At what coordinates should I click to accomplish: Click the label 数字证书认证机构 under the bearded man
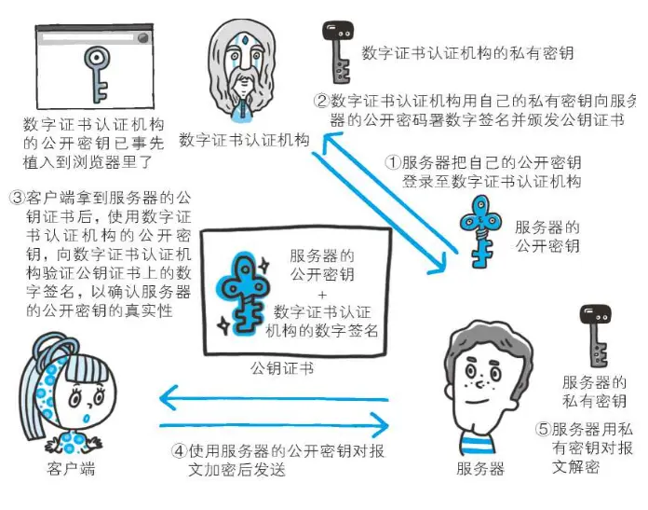click(x=244, y=140)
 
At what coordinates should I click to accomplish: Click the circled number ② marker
click(x=322, y=101)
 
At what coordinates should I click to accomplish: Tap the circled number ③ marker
click(x=17, y=199)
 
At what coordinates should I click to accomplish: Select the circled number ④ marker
click(x=179, y=451)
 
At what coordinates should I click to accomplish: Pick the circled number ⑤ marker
click(x=543, y=431)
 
